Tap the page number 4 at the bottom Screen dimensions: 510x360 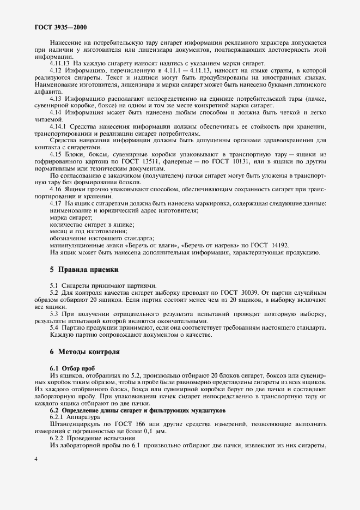tap(36, 459)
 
